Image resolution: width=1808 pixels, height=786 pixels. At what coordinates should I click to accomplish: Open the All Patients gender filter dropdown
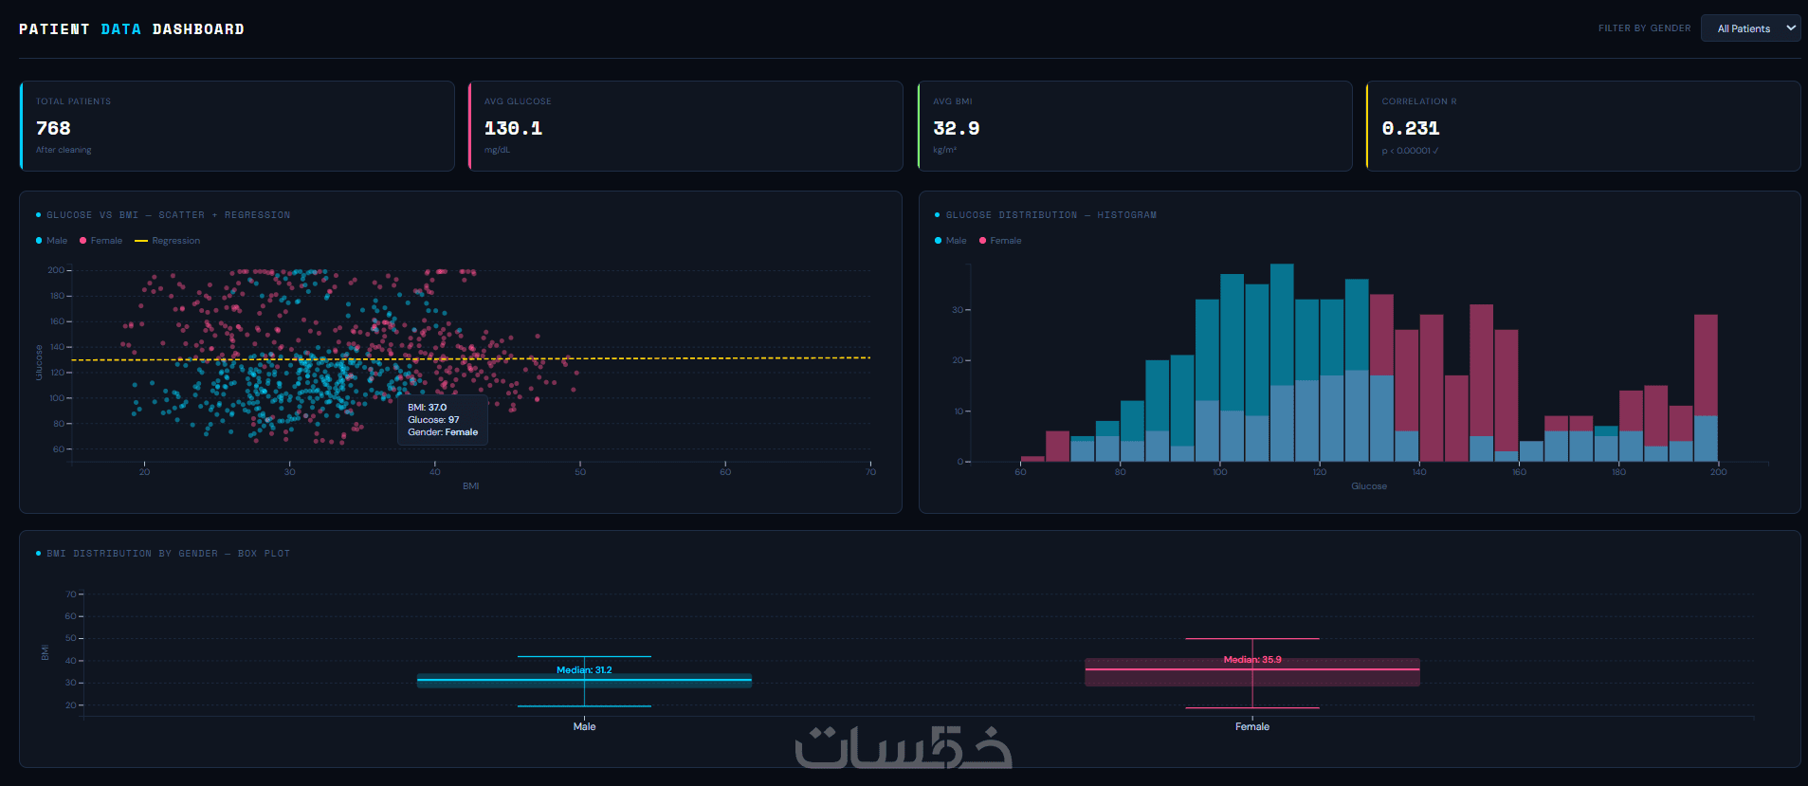pyautogui.click(x=1750, y=28)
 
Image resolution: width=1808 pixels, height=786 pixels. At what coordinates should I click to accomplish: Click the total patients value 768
pyautogui.click(x=53, y=128)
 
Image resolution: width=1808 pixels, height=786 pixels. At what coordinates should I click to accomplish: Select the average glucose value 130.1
pyautogui.click(x=513, y=128)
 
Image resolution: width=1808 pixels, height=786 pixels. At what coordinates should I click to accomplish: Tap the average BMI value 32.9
pyautogui.click(x=956, y=128)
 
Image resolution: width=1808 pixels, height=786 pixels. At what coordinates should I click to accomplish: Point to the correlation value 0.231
pyautogui.click(x=1410, y=128)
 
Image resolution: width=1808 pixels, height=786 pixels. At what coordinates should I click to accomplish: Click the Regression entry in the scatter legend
pyautogui.click(x=175, y=241)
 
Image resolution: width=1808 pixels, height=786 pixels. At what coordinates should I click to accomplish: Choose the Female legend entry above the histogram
pyautogui.click(x=1005, y=241)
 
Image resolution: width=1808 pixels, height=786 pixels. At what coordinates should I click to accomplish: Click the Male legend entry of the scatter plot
pyautogui.click(x=57, y=241)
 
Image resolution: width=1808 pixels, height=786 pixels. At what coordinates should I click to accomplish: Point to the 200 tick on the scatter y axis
pyautogui.click(x=56, y=270)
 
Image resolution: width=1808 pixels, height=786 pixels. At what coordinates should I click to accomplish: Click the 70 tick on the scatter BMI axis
pyautogui.click(x=870, y=472)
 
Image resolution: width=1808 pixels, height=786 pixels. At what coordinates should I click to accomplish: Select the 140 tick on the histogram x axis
pyautogui.click(x=1419, y=472)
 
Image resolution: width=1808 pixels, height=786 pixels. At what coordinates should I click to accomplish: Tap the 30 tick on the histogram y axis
pyautogui.click(x=958, y=310)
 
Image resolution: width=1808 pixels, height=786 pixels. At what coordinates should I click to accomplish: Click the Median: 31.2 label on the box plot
pyautogui.click(x=584, y=670)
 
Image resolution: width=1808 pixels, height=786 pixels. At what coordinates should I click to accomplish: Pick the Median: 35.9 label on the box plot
pyautogui.click(x=1251, y=660)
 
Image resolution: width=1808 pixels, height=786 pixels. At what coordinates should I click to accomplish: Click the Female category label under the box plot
pyautogui.click(x=1251, y=726)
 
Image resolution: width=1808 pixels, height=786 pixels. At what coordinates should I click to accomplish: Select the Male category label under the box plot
pyautogui.click(x=584, y=726)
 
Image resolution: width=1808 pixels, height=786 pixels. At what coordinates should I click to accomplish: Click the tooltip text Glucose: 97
pyautogui.click(x=433, y=420)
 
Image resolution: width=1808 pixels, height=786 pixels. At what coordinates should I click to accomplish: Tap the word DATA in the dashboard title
pyautogui.click(x=120, y=29)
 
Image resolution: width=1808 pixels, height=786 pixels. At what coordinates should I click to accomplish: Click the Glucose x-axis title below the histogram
pyautogui.click(x=1368, y=486)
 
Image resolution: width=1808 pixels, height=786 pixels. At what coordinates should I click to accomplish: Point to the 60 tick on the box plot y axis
pyautogui.click(x=70, y=616)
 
